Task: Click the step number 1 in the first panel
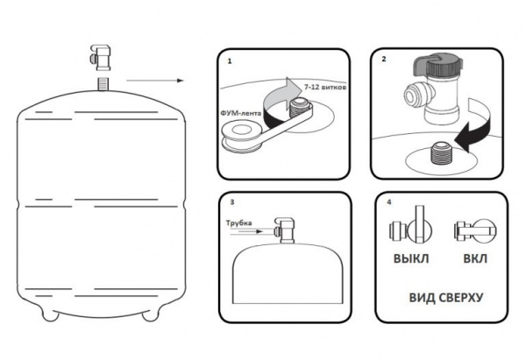(228, 64)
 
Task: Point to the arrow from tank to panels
(153, 81)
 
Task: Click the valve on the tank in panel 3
(284, 231)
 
